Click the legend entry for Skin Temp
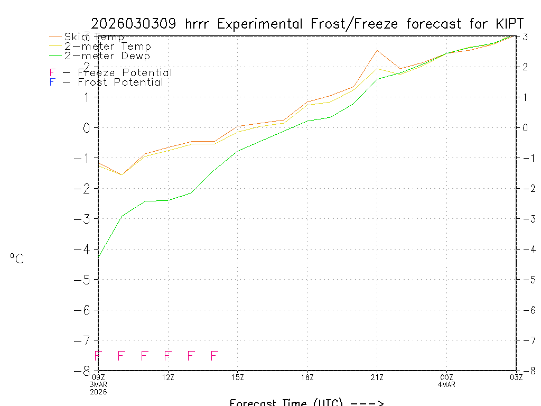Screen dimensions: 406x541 (94, 37)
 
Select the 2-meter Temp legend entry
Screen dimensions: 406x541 (107, 47)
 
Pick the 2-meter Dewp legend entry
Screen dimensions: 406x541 (107, 56)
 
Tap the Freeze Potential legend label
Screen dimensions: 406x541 (125, 73)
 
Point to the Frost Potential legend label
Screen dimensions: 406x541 (120, 82)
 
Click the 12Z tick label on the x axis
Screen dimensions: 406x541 (168, 377)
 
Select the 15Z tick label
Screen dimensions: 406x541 (238, 377)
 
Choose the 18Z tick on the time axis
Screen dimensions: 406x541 (307, 377)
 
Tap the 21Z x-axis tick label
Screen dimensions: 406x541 (377, 377)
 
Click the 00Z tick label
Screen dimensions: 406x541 (447, 377)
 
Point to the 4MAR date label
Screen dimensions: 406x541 (447, 384)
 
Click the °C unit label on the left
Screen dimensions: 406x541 (17, 259)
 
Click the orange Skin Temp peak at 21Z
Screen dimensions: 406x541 (377, 50)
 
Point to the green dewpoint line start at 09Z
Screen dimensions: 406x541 (99, 256)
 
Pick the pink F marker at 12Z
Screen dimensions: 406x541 (168, 356)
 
